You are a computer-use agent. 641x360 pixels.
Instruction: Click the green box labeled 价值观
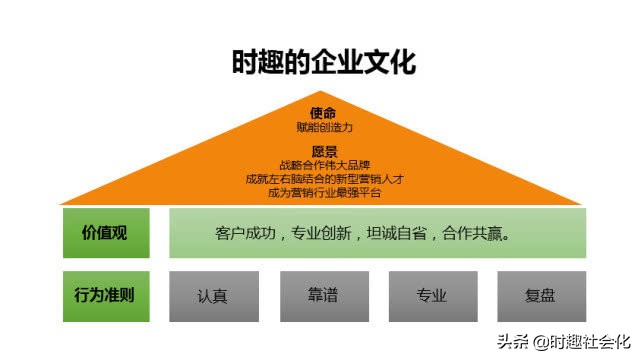106,233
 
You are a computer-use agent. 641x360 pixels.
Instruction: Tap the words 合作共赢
472,234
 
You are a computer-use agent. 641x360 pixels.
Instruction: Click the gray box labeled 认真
212,295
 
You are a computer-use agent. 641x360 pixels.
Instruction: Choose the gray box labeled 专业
431,295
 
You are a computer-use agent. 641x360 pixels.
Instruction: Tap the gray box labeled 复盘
540,295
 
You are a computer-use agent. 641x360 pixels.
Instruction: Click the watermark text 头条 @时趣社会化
565,341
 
